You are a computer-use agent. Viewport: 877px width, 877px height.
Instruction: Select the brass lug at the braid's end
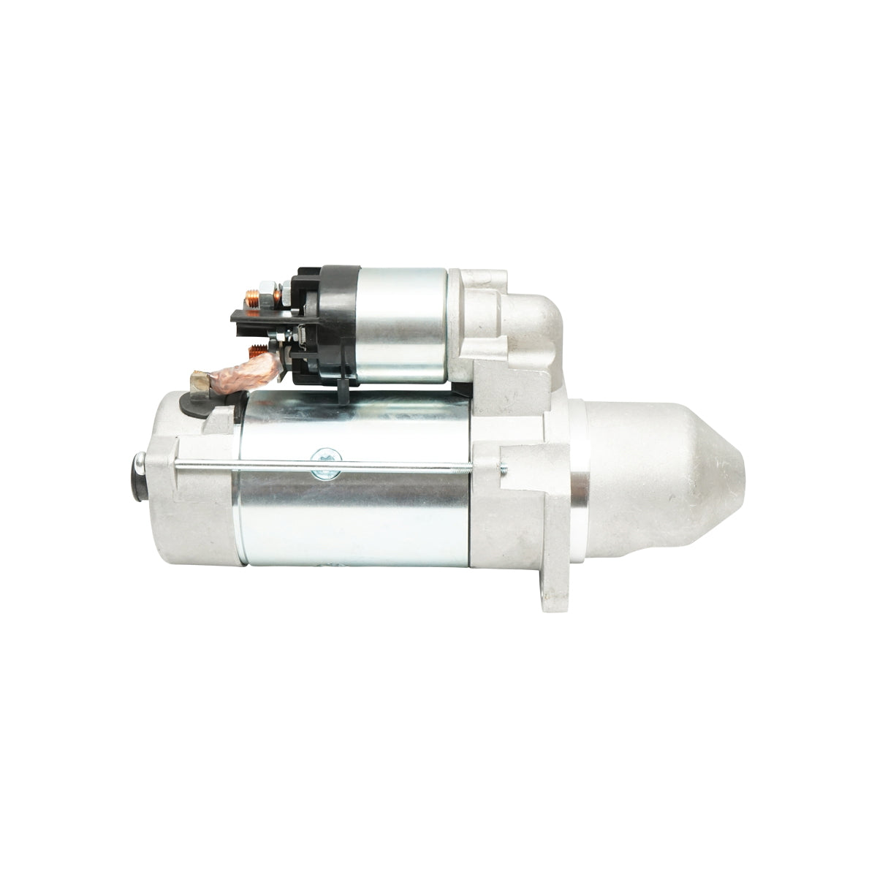coord(199,381)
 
